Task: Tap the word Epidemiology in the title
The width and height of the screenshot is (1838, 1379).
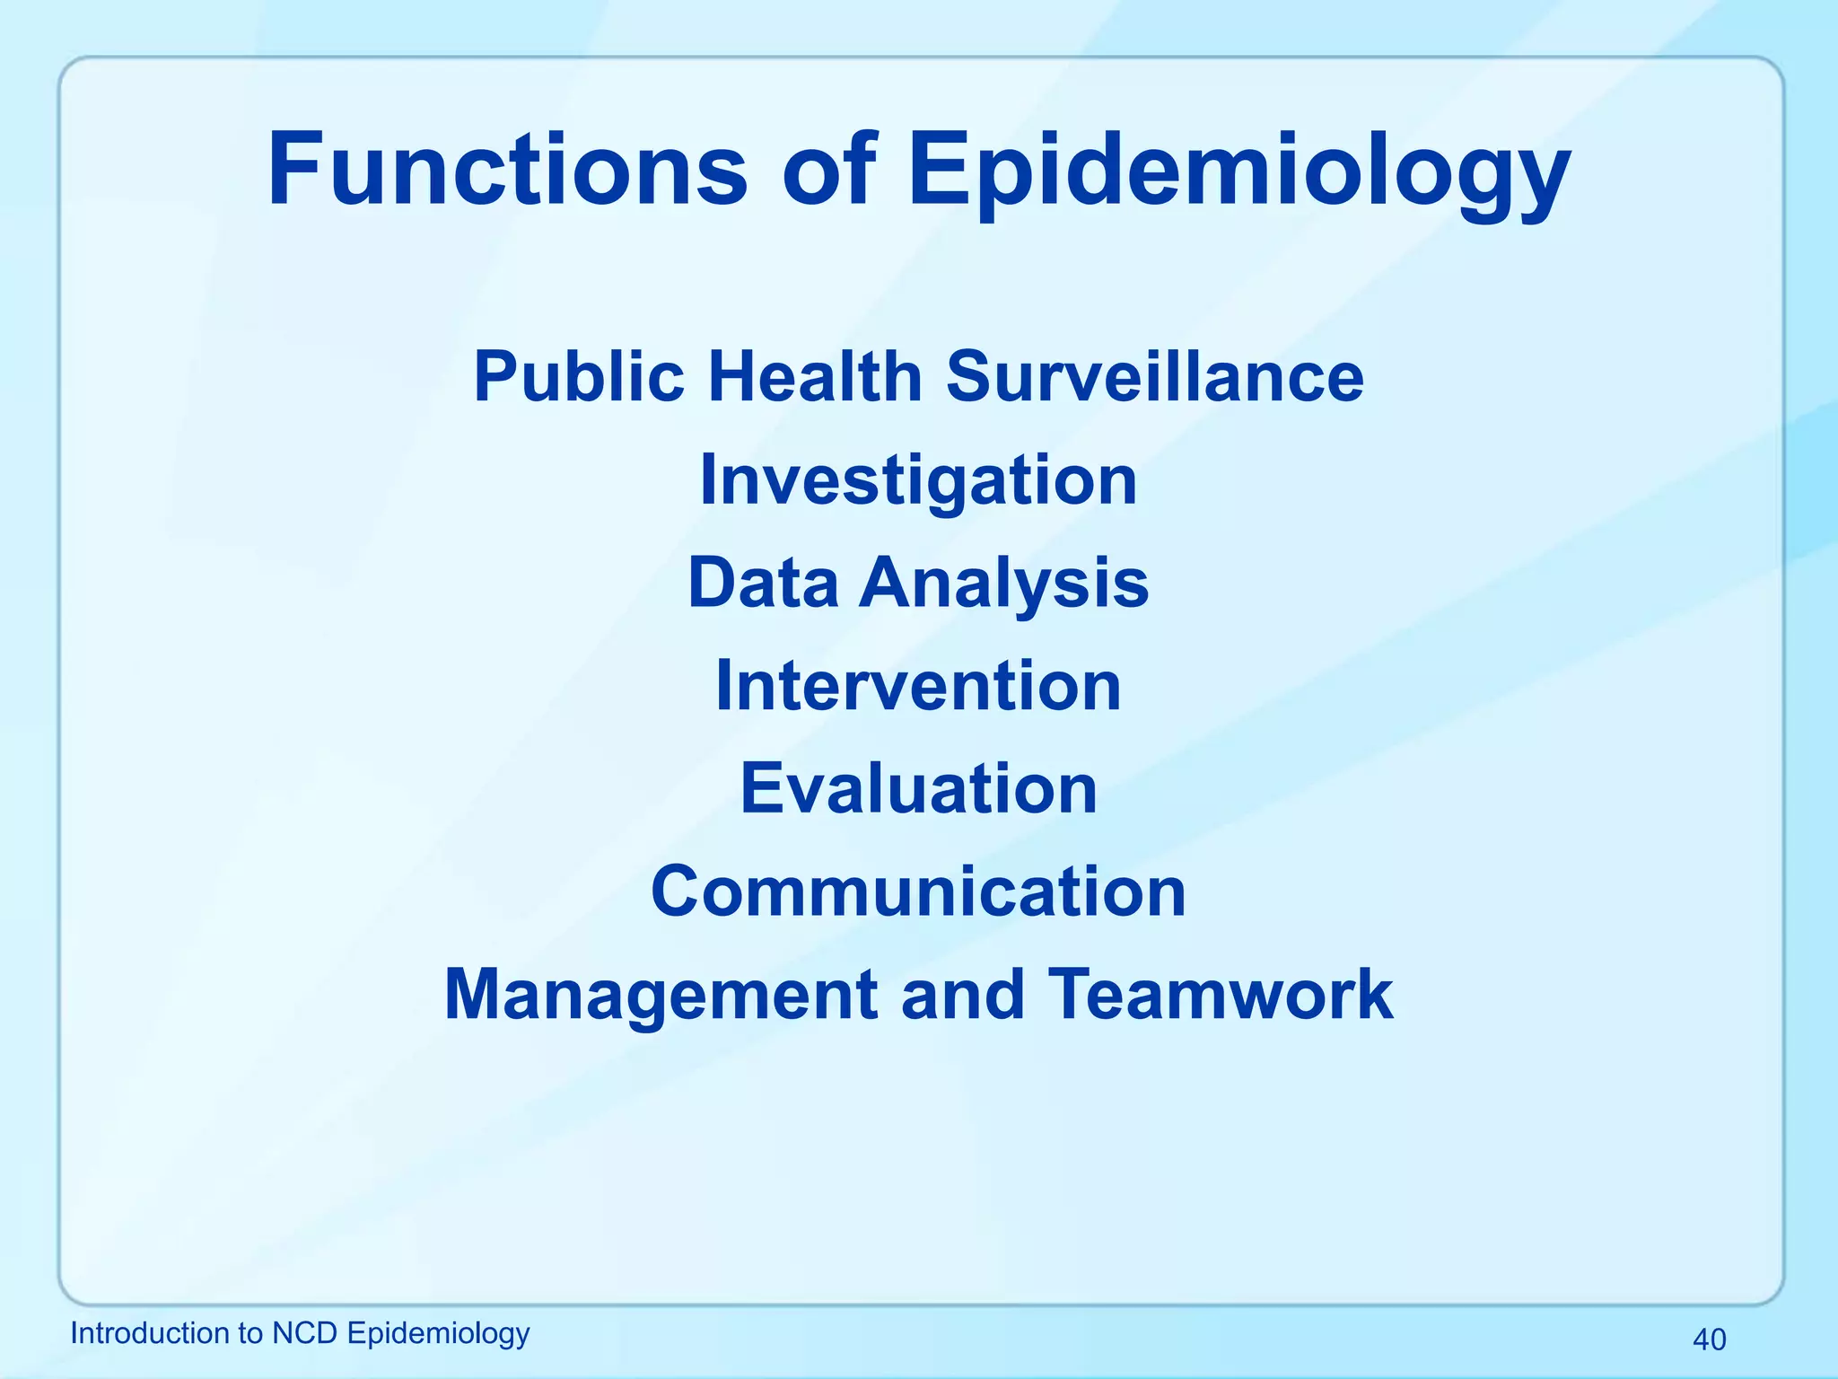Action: point(1238,171)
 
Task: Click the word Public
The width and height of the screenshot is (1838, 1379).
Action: point(579,376)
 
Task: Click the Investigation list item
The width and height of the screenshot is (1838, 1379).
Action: point(918,480)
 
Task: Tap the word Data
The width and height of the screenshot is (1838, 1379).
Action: point(763,583)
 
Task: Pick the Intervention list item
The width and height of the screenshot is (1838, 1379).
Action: point(918,686)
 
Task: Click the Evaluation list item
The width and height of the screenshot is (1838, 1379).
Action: point(918,788)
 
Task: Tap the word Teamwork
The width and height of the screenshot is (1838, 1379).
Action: point(1220,994)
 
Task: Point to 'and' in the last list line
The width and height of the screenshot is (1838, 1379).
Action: point(962,994)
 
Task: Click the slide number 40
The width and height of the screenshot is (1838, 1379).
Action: point(1709,1339)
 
